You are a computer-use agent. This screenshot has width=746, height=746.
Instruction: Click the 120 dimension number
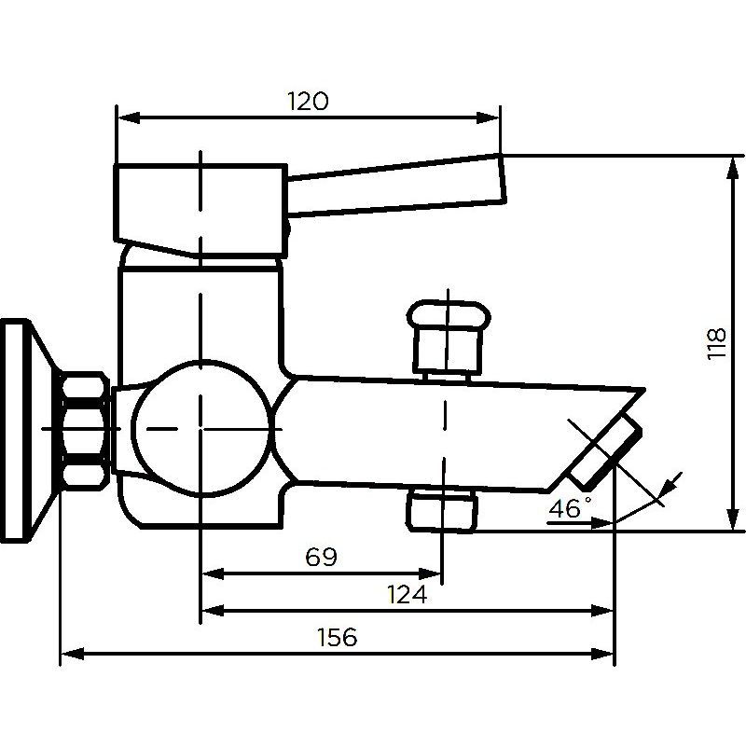tap(308, 101)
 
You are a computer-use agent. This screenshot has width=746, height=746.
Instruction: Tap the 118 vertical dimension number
tap(717, 343)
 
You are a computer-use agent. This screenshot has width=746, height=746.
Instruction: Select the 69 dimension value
tap(321, 557)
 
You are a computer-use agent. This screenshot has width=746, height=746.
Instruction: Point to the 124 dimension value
tap(407, 594)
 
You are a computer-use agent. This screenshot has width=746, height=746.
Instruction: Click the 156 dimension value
tap(337, 637)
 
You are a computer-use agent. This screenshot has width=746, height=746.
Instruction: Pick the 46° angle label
tap(570, 507)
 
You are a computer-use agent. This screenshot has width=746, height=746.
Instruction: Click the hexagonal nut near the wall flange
tap(84, 431)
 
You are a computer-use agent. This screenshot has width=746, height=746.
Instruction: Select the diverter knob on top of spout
tap(449, 336)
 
